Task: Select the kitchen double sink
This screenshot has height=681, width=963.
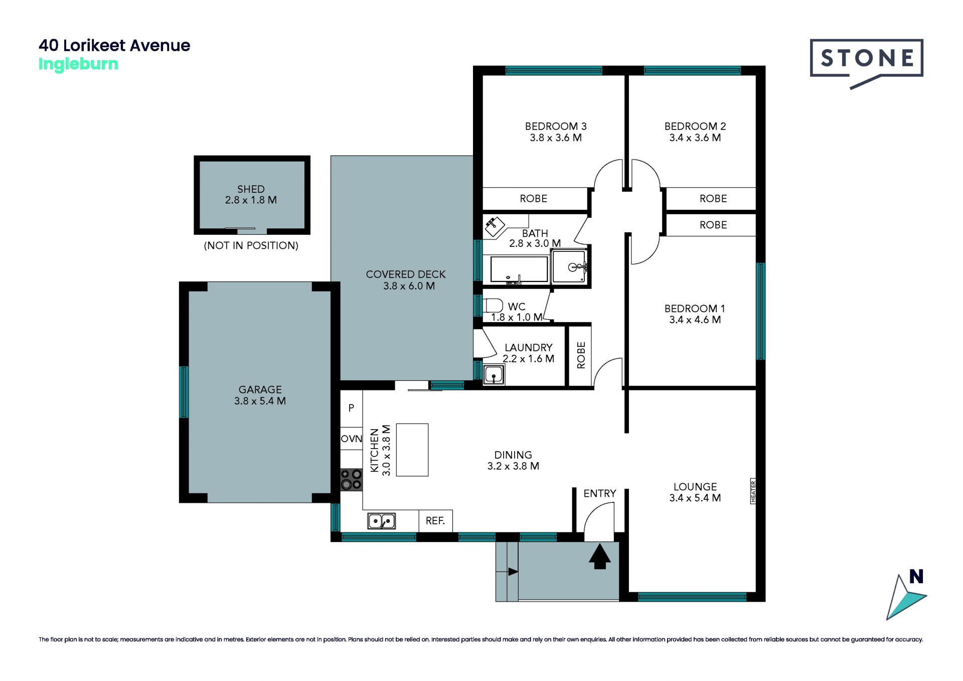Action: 381,521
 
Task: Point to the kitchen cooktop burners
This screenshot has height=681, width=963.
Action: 351,479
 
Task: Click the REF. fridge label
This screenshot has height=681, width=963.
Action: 435,521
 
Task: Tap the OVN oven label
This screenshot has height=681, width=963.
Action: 351,439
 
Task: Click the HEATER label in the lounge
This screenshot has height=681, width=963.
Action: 753,491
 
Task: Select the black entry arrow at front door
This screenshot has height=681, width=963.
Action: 599,557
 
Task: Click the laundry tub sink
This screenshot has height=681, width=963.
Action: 494,375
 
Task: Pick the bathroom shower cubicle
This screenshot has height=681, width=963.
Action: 569,267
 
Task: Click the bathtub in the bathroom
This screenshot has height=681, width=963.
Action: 519,269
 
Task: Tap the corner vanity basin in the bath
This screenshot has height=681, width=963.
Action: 495,227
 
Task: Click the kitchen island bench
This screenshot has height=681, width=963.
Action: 412,450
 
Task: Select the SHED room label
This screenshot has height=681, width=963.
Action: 251,189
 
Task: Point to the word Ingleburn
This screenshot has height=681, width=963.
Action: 78,64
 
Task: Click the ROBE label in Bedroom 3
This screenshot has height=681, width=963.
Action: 533,199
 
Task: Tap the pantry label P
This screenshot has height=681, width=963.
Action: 351,408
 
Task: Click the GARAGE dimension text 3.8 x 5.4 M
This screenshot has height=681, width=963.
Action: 260,401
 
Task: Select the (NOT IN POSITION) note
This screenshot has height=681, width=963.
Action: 251,245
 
